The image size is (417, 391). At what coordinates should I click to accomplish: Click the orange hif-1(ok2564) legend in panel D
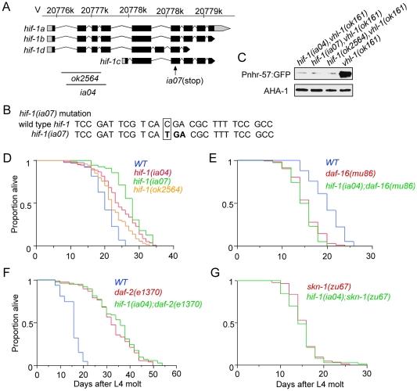pos(160,193)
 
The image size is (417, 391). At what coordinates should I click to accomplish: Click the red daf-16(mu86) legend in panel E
pos(366,175)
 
